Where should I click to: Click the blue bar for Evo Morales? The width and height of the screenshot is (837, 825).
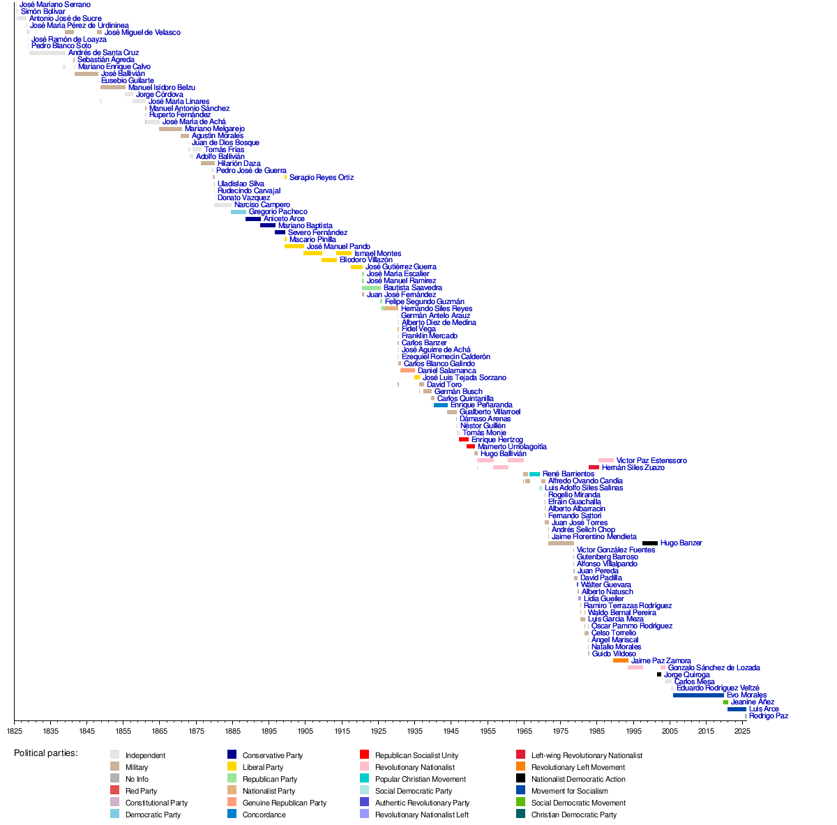(x=698, y=695)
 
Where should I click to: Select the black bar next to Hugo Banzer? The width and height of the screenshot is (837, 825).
(x=649, y=543)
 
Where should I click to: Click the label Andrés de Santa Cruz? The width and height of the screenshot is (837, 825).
(x=103, y=53)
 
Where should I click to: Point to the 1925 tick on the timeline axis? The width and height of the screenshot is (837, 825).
(x=379, y=720)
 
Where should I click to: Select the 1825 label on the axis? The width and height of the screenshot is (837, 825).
(x=15, y=731)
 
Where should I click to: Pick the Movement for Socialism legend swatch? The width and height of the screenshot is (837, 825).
(x=520, y=791)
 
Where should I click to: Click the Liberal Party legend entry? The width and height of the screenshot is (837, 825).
(x=263, y=767)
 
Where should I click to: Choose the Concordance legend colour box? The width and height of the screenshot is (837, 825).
(x=232, y=815)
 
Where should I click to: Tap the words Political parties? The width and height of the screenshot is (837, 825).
(x=46, y=753)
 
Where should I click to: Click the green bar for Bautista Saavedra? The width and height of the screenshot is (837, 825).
(x=371, y=288)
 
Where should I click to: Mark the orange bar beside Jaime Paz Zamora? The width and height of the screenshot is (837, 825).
(x=620, y=660)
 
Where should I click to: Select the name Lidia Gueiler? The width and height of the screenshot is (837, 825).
(x=603, y=599)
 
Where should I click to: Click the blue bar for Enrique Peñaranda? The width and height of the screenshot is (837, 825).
(x=441, y=405)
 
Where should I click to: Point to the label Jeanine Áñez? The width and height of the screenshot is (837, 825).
(x=752, y=702)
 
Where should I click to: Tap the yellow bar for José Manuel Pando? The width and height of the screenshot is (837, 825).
(x=294, y=246)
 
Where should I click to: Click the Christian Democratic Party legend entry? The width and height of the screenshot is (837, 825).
(x=573, y=815)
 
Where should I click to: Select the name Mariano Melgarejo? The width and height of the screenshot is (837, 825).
(x=214, y=129)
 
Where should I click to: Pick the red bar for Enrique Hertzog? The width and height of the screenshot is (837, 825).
(x=464, y=440)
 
